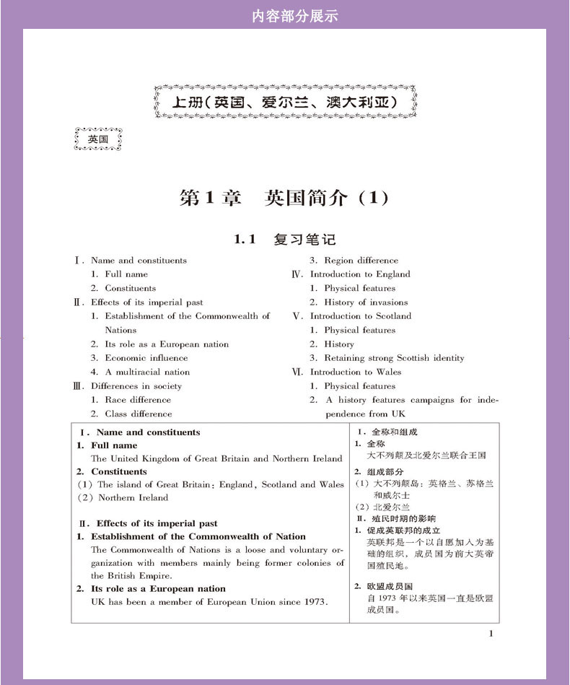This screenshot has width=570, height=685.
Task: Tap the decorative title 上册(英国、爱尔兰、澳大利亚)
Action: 286,102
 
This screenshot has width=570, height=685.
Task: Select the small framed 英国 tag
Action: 98,139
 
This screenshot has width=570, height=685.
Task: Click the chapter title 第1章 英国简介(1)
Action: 284,198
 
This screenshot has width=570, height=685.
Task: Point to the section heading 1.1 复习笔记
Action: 284,239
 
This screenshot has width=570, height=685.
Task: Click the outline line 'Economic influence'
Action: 146,358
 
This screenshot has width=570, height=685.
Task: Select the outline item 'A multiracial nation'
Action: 147,372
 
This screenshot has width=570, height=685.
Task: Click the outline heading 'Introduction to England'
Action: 359,274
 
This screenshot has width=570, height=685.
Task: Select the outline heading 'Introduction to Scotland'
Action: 360,316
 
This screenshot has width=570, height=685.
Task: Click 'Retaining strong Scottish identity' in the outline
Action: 394,358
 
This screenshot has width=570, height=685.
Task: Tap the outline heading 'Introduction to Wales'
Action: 355,372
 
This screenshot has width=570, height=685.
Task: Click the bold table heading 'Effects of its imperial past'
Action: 157,523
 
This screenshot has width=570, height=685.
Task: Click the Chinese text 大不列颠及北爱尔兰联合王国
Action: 426,455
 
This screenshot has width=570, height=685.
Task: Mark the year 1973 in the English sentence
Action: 312,602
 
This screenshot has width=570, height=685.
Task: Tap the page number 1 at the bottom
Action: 491,634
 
